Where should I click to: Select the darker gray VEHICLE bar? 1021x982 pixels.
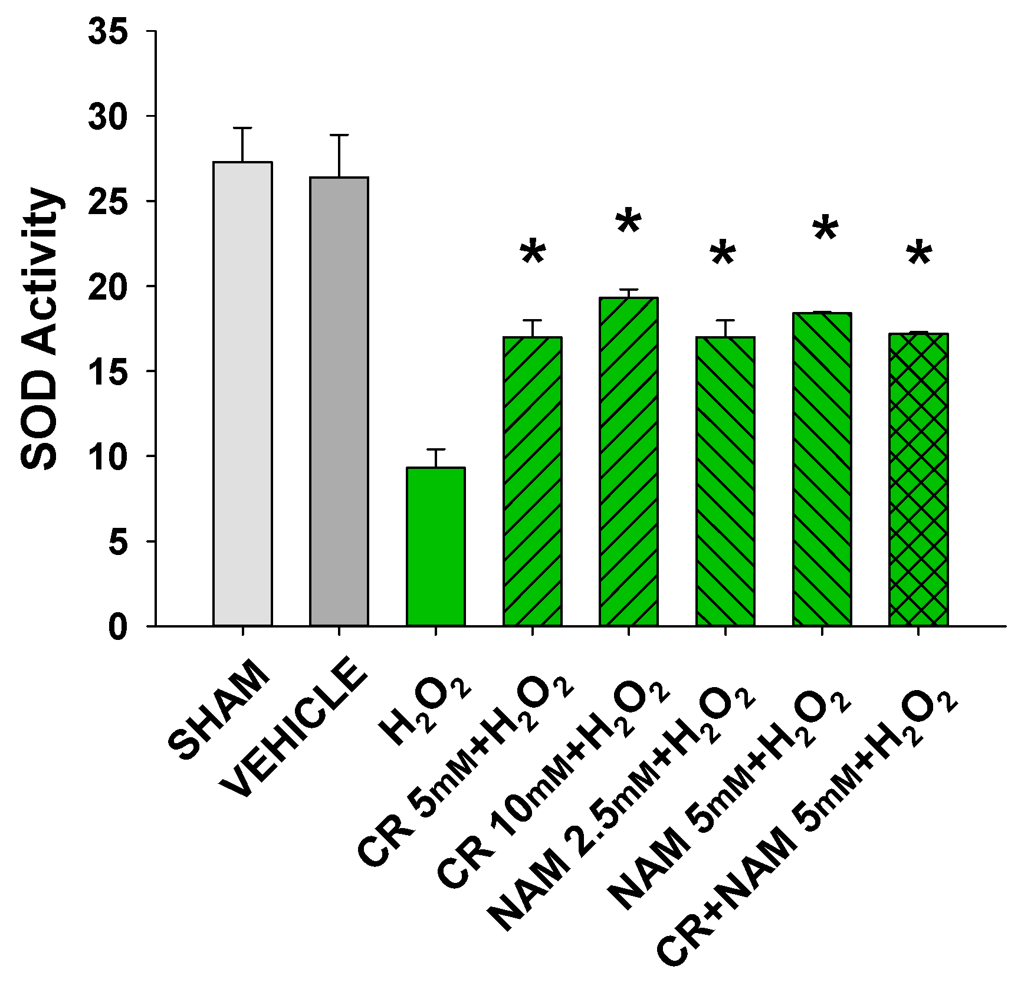point(339,401)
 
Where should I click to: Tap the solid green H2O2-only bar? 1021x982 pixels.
point(435,546)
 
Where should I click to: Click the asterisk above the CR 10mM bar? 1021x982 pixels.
point(628,223)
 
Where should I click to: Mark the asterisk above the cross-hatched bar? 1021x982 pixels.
point(919,255)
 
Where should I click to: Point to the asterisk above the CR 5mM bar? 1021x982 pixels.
point(533,254)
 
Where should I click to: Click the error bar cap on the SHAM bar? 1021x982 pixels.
point(242,129)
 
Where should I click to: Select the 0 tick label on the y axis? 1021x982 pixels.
point(118,626)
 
